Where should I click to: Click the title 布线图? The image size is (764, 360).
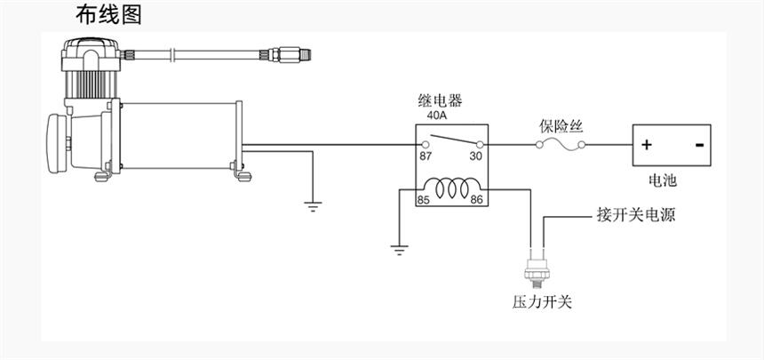pyautogui.click(x=108, y=15)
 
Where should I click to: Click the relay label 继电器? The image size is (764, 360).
pyautogui.click(x=440, y=100)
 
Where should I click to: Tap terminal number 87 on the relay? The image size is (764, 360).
pyautogui.click(x=426, y=156)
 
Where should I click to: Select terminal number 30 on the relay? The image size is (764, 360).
pyautogui.click(x=476, y=156)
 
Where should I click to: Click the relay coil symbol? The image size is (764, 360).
pyautogui.click(x=450, y=189)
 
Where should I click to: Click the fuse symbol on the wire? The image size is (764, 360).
pyautogui.click(x=560, y=144)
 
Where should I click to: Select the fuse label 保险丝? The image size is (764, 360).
pyautogui.click(x=560, y=125)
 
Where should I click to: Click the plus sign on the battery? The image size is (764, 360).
pyautogui.click(x=647, y=145)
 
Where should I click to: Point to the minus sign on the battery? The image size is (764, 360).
pyautogui.click(x=700, y=145)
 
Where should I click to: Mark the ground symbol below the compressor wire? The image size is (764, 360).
pyautogui.click(x=312, y=206)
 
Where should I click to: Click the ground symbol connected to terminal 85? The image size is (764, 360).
pyautogui.click(x=399, y=249)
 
